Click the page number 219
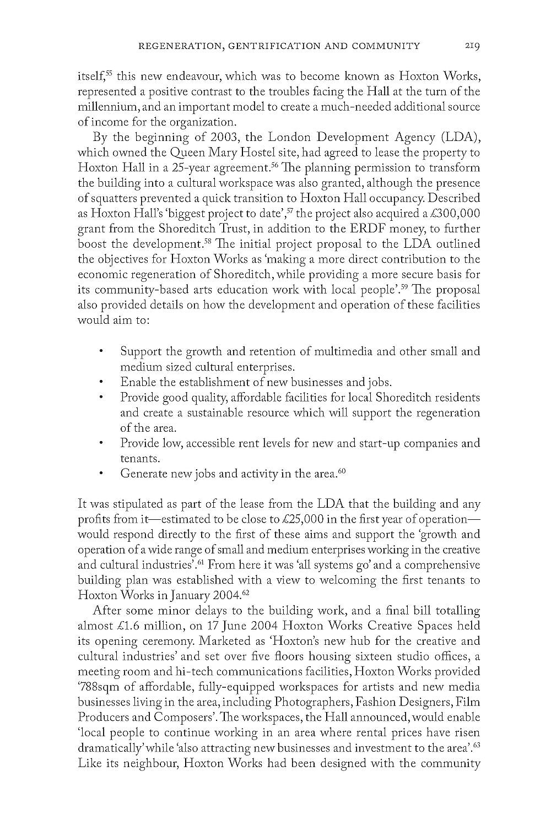pos(471,46)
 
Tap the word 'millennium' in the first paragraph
pos(102,106)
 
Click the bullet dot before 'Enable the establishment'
pos(101,382)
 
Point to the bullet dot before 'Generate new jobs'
pos(101,474)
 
